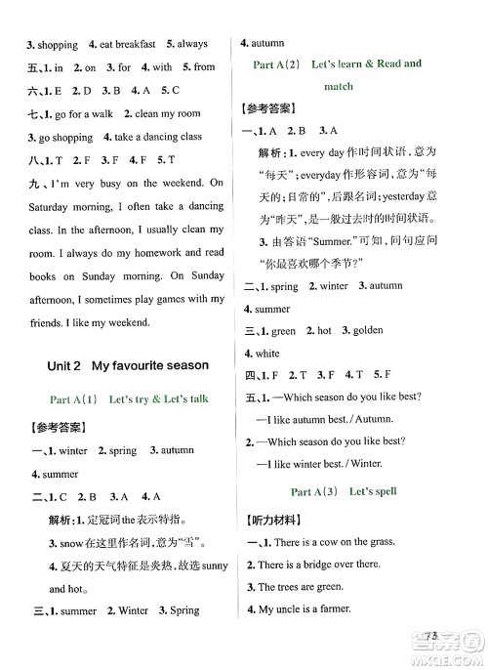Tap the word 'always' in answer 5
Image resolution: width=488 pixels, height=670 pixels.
pos(192,44)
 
